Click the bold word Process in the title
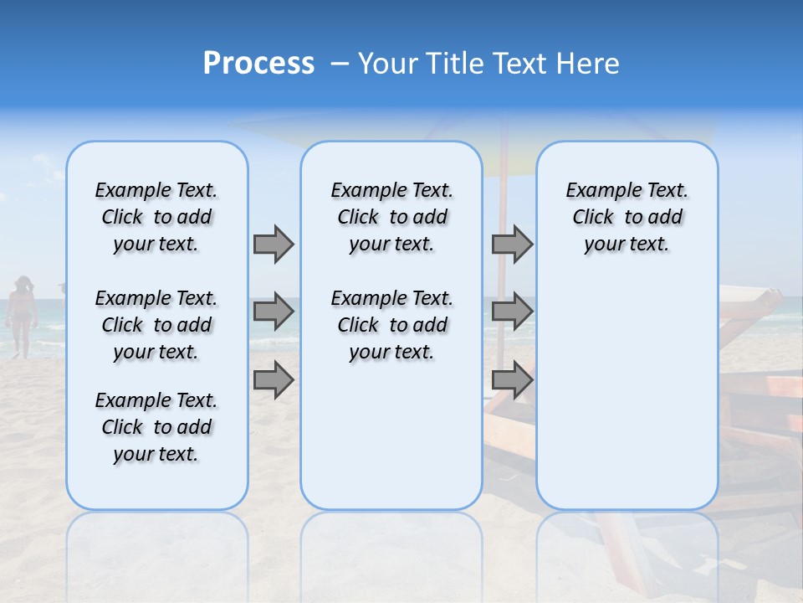click(258, 64)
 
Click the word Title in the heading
click(456, 64)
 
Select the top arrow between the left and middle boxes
click(274, 244)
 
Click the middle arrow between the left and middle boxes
click(274, 312)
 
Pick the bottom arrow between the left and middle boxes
click(274, 380)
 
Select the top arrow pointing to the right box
click(512, 244)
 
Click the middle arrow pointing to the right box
click(512, 312)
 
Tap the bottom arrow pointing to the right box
click(512, 380)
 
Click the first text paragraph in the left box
click(156, 217)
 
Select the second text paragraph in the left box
click(156, 325)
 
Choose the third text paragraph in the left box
click(156, 427)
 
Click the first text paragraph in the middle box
click(391, 217)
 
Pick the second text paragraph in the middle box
click(391, 325)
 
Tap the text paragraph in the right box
click(627, 217)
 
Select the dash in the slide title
click(339, 64)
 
